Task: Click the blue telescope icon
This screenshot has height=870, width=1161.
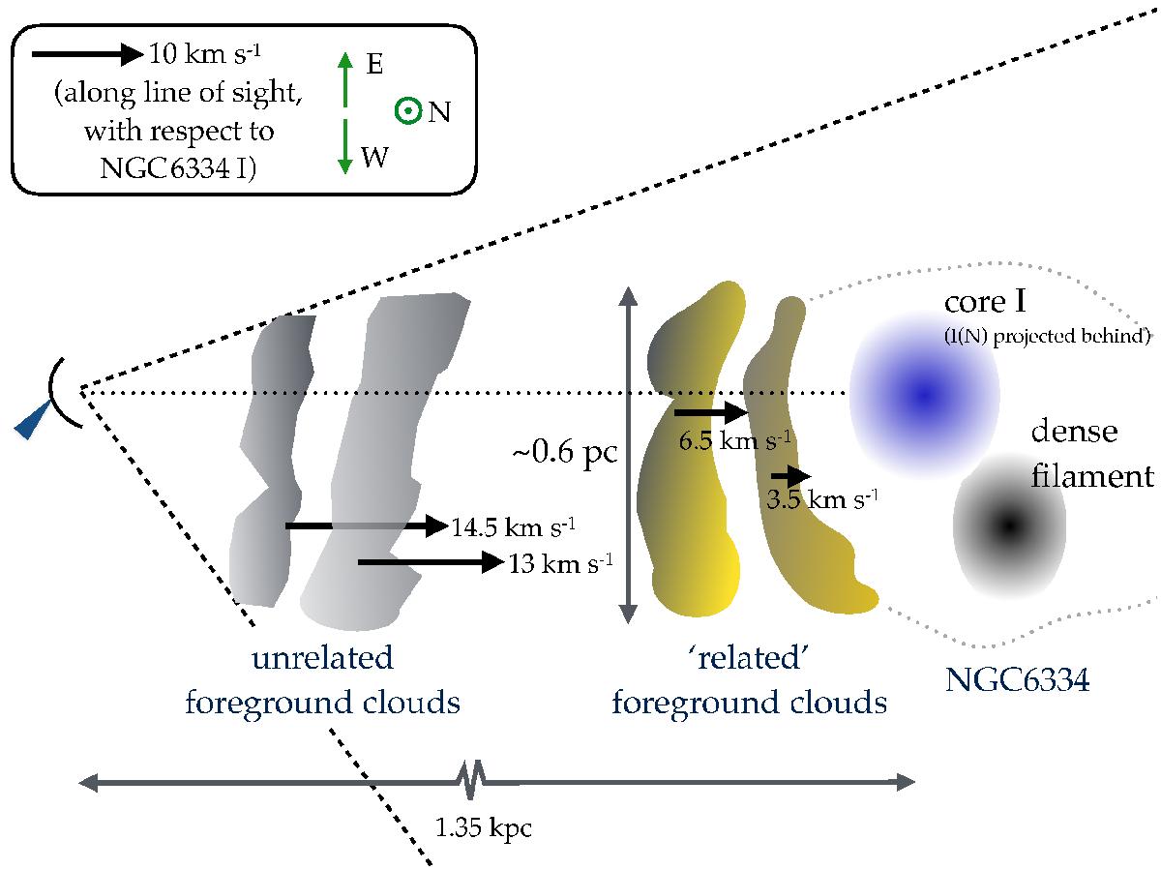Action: tap(33, 421)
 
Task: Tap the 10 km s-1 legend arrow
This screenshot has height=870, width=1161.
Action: tap(87, 54)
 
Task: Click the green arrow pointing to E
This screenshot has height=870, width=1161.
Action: tap(344, 79)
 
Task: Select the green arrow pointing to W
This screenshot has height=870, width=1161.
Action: tap(344, 146)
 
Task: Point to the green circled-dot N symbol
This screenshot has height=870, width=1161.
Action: tap(408, 111)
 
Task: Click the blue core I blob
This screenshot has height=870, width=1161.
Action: tap(924, 394)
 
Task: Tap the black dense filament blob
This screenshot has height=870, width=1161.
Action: tap(1009, 525)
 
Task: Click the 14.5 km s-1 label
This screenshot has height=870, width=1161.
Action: tap(513, 526)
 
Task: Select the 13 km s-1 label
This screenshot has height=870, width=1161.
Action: tap(560, 563)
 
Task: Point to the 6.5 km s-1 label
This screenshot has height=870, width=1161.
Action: tap(735, 440)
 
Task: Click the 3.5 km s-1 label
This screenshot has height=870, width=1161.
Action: tap(822, 499)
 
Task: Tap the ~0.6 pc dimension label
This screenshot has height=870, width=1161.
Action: tap(565, 453)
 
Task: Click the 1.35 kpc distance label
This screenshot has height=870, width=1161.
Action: tap(483, 827)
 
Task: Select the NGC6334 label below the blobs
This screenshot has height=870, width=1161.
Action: tap(1017, 679)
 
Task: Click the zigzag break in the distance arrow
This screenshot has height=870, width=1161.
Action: tap(470, 780)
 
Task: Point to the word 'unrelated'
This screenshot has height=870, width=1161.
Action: tap(322, 658)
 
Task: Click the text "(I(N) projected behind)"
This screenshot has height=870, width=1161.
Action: tap(1048, 337)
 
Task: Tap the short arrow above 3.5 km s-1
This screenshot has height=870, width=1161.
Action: tap(790, 476)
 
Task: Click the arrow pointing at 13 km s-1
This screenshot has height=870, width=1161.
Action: tap(431, 561)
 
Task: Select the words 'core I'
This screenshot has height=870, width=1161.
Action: tap(985, 302)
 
